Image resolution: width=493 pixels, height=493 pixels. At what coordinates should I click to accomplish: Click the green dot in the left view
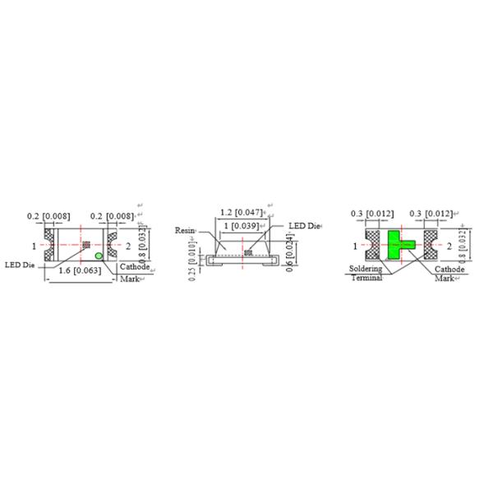click(99, 256)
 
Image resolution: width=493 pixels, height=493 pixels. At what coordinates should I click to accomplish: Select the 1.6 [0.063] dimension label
click(81, 271)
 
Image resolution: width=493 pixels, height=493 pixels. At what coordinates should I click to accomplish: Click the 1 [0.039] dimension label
click(242, 225)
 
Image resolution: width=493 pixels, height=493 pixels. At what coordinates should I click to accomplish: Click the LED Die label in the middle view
click(303, 226)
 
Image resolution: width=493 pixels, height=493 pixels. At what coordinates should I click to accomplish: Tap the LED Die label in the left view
click(20, 265)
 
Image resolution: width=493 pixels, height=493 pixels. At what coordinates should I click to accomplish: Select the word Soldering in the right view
click(365, 269)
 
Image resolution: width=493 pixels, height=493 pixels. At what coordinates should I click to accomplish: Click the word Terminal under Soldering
click(366, 278)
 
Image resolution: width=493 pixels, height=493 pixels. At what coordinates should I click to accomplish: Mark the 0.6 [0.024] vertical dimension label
click(293, 254)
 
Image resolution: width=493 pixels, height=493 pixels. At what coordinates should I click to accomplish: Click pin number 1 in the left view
click(35, 245)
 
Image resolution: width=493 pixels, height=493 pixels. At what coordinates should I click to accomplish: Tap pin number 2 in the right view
click(449, 245)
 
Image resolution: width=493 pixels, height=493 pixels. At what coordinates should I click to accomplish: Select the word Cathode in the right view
click(449, 269)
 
